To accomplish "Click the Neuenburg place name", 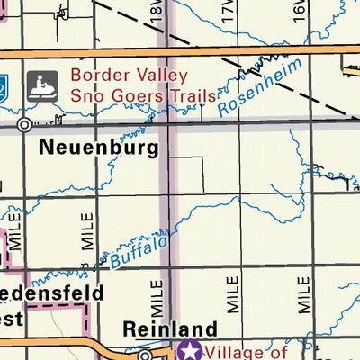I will coord(99,147).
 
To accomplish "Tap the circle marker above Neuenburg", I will coord(24,125).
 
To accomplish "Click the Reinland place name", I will coord(170,329).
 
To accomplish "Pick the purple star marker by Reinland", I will coord(190,350).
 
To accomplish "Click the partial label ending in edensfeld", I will coord(52,293).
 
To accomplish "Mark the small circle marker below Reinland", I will coord(144,355).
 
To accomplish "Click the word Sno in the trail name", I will coord(87,96).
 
